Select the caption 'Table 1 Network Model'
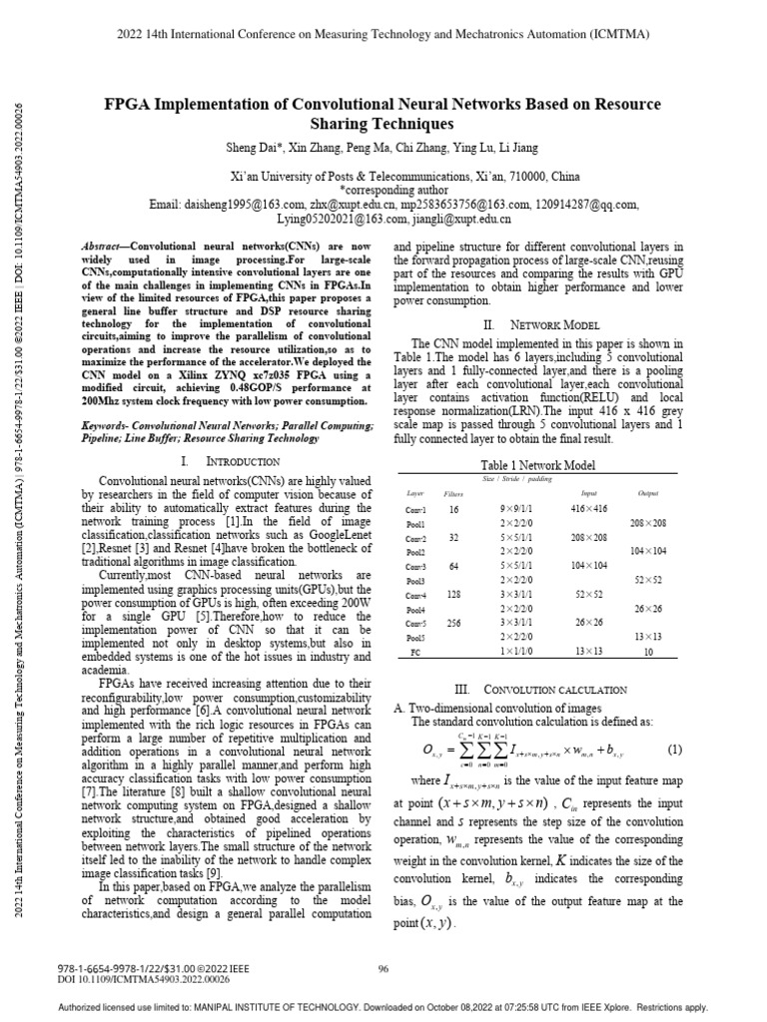tap(538, 465)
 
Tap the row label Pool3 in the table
tap(415, 580)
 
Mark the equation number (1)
tap(674, 749)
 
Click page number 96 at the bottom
tap(383, 967)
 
